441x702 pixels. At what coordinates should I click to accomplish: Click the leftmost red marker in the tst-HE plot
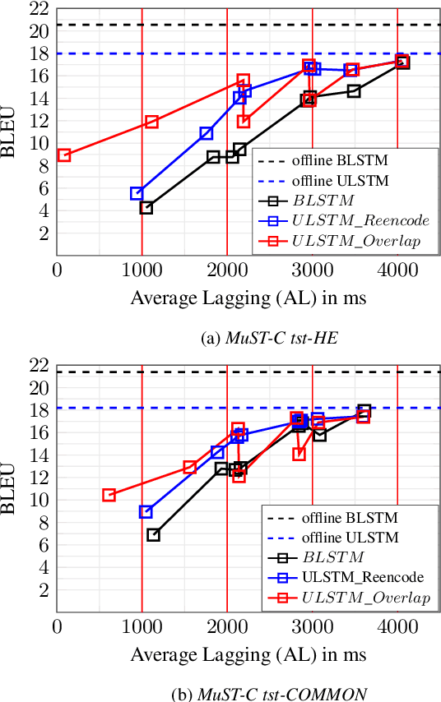tap(64, 155)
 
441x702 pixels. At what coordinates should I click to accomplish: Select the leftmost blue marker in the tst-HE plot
tap(137, 193)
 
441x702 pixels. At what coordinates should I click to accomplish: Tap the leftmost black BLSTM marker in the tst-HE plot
tap(146, 207)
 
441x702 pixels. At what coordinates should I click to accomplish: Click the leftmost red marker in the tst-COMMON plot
tap(109, 495)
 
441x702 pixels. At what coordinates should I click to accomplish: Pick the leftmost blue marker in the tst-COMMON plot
tap(146, 511)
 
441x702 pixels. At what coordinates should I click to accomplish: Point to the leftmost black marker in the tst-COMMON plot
tap(153, 534)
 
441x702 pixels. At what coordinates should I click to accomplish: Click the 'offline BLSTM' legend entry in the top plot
tap(340, 160)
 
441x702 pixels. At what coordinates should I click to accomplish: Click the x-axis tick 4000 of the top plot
tap(397, 268)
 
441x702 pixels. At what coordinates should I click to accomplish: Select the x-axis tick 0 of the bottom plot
tap(57, 626)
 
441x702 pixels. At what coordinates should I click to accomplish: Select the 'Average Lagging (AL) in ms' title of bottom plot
tap(248, 655)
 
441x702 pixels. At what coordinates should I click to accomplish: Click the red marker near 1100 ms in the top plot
tap(151, 122)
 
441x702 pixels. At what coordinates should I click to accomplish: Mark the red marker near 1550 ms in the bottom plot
tap(190, 467)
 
